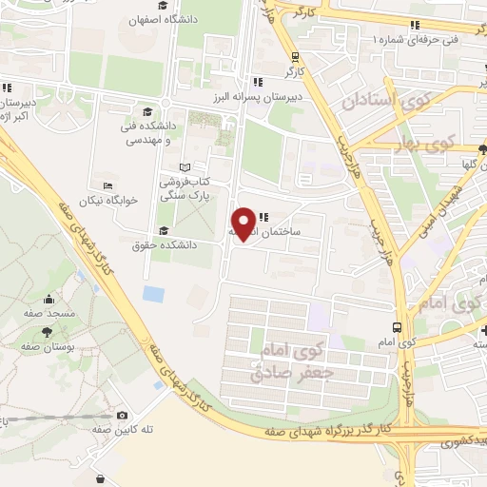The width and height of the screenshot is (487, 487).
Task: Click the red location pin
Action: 244,223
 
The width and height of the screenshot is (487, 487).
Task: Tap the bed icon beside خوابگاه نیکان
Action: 107,186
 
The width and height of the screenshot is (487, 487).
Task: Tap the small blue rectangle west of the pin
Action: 153,294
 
